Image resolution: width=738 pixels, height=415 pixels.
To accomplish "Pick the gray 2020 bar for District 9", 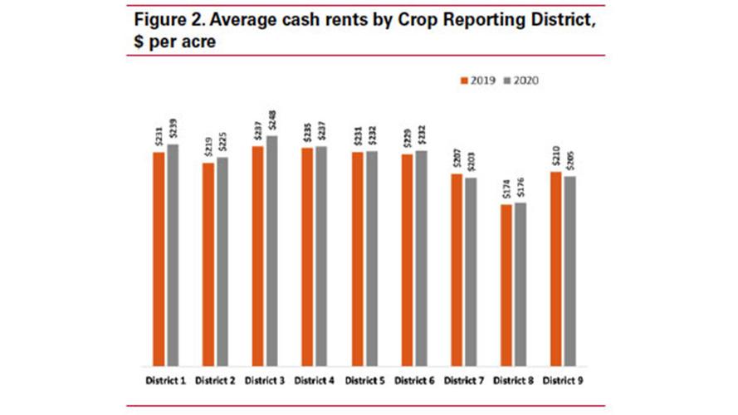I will click(569, 271).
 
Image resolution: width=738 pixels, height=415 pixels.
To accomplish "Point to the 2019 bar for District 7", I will click(457, 270).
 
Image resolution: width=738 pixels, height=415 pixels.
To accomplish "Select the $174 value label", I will click(506, 190).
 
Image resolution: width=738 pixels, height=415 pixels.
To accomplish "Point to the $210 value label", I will click(555, 158).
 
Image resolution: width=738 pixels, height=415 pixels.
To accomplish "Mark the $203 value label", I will click(470, 164).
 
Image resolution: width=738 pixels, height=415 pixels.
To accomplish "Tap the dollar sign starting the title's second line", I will click(133, 41).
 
